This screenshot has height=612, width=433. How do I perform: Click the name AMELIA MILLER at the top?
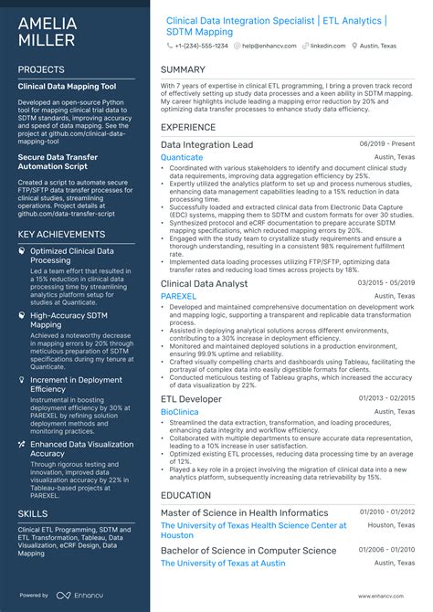[48, 29]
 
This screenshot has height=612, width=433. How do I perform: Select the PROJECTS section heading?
[41, 69]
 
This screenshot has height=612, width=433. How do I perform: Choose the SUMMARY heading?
[183, 69]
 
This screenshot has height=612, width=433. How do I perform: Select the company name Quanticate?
[182, 157]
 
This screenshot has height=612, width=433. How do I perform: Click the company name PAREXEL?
[179, 297]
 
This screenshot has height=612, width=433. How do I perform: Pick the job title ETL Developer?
[191, 399]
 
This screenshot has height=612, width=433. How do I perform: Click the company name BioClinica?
[180, 412]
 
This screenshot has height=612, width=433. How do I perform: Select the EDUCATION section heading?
[185, 495]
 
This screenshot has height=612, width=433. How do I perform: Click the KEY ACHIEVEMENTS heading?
[61, 235]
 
